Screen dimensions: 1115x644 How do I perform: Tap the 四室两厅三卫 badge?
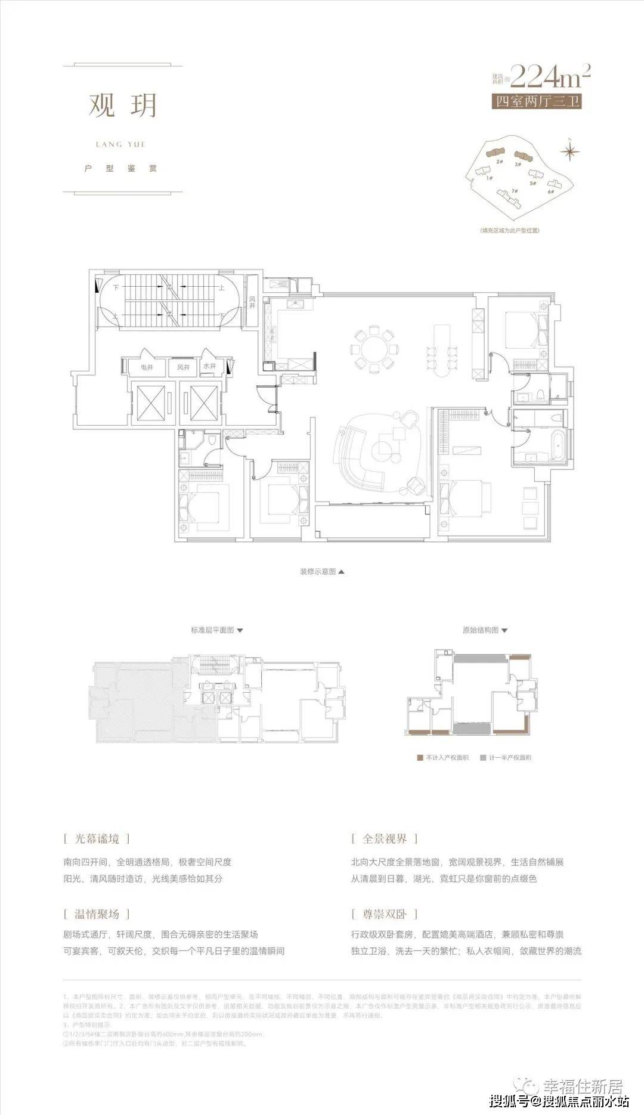tap(536, 102)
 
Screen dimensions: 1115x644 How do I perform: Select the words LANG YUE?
tap(120, 144)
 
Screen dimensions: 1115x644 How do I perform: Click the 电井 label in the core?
tap(147, 367)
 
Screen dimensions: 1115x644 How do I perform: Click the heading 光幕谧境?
tap(97, 839)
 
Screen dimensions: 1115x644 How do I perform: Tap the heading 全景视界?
tap(385, 839)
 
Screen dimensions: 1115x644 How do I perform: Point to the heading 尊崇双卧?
tap(385, 914)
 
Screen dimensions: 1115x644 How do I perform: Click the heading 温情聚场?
tap(97, 914)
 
